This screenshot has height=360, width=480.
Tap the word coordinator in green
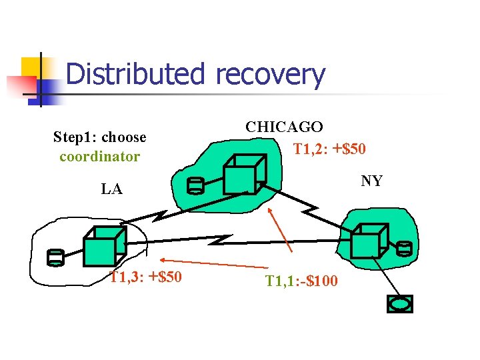(99, 157)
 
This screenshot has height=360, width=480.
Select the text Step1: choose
(99, 137)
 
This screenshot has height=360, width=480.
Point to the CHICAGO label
(285, 127)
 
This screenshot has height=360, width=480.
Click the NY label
(371, 181)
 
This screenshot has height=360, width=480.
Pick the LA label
(111, 189)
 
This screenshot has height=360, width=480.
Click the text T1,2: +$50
(329, 149)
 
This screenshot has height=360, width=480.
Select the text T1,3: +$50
(145, 277)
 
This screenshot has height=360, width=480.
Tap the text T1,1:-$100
(301, 281)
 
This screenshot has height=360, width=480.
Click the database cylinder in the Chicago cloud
(195, 185)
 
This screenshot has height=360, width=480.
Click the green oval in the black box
(400, 304)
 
